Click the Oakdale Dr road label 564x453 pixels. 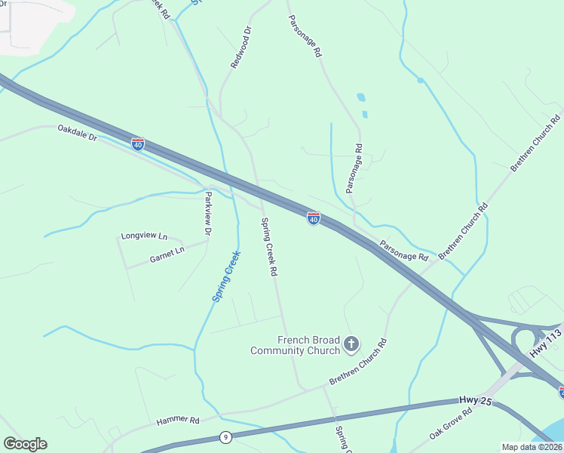pos(78,133)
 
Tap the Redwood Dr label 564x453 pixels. pos(241,48)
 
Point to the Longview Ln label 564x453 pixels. pos(143,236)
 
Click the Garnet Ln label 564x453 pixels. pos(167,254)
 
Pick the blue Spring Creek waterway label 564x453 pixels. pos(225,276)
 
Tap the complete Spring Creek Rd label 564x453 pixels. pos(270,246)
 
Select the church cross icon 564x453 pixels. pos(351,345)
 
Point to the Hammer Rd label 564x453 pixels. pos(177,421)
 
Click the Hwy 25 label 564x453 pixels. pos(475,401)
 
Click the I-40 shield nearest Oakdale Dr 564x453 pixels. pos(137,143)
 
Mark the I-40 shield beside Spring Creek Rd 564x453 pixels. pos(314,218)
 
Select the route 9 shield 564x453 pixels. pos(225,436)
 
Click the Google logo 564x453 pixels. pos(25,444)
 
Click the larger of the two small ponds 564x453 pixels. pos(360,97)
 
